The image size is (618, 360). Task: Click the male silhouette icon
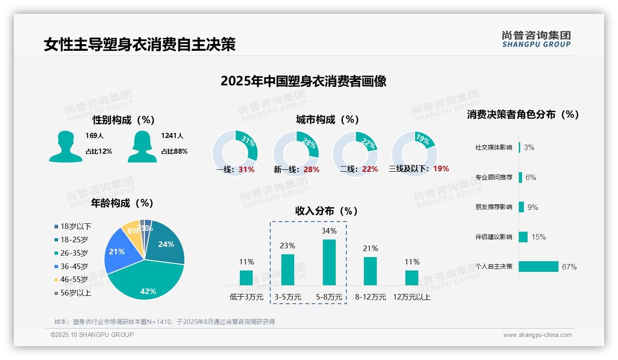pos(65,146)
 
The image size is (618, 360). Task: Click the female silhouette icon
pos(142,146)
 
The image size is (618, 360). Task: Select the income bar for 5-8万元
pos(329,262)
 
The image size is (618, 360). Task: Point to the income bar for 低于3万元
pos(246,278)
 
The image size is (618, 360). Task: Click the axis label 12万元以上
pos(412,297)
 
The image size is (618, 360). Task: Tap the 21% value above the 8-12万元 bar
pos(370,249)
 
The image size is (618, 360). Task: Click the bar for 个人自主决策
pos(539,266)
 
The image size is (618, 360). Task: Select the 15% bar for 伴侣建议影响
pos(523,237)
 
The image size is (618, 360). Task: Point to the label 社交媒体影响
pos(493,148)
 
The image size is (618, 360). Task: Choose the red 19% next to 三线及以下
pos(441,169)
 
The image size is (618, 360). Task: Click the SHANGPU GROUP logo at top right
pos(536,39)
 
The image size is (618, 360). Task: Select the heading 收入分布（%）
pos(327,211)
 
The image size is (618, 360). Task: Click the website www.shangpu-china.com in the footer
pos(537,335)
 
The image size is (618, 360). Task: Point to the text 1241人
pos(172,136)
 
